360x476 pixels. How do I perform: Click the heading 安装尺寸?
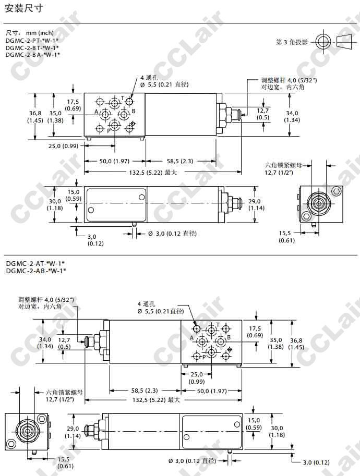coord(23,8)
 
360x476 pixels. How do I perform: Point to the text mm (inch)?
coord(40,33)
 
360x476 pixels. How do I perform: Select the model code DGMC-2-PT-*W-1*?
coord(32,40)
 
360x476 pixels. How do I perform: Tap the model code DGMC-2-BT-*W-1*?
coord(32,47)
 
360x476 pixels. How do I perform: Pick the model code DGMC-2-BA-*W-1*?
coord(32,55)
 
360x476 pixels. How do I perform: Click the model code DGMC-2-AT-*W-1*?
coord(35,263)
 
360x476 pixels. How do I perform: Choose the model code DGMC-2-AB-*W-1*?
coord(36,271)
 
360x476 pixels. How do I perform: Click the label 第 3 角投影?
coord(292,42)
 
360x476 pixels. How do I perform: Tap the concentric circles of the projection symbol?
coord(323,42)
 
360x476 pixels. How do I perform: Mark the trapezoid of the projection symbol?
coord(346,42)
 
